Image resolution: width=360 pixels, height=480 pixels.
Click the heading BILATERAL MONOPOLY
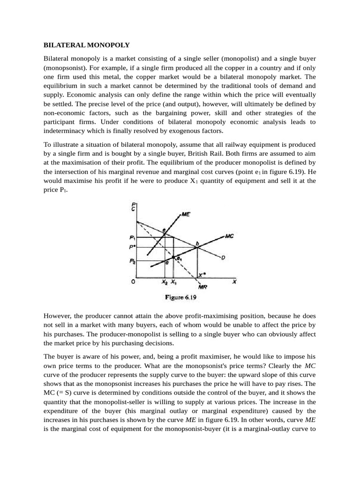[86, 45]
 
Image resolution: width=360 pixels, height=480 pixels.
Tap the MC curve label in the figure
[229, 236]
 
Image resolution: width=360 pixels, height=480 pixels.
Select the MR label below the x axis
[204, 286]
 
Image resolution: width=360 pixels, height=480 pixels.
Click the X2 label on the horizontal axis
[164, 282]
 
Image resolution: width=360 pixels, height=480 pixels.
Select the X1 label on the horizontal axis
[174, 282]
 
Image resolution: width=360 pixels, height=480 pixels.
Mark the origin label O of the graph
[133, 282]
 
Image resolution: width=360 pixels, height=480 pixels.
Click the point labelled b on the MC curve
[197, 244]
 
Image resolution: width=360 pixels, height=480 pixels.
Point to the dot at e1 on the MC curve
[174, 257]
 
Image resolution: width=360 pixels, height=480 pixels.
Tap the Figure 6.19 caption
[184, 297]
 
